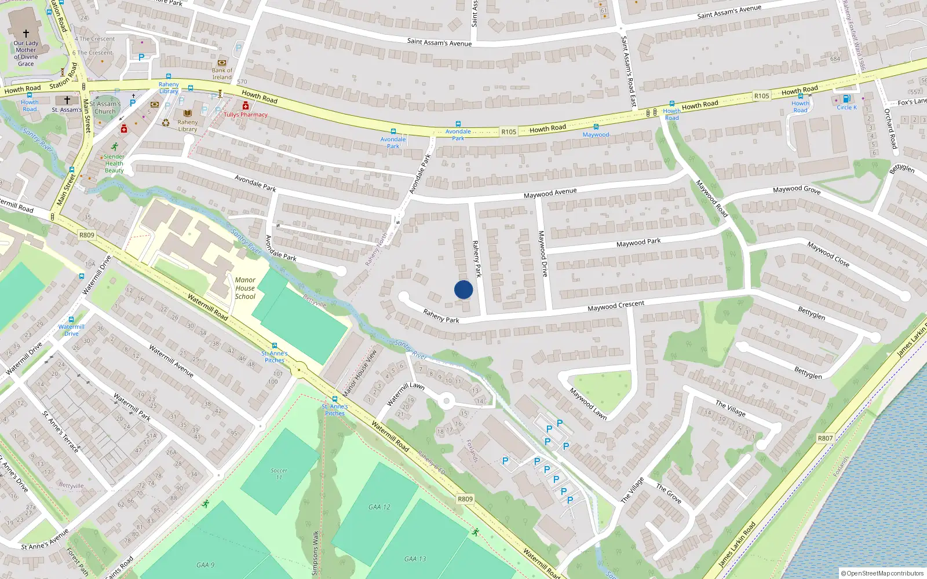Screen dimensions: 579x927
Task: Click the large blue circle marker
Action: point(463,289)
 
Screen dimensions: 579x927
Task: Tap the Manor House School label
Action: point(245,288)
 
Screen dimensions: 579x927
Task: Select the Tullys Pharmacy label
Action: point(246,115)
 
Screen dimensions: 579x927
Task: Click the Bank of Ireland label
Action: point(222,74)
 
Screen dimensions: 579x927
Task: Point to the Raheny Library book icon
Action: point(187,113)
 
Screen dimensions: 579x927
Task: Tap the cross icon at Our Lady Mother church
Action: point(25,34)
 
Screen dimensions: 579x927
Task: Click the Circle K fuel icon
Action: point(846,99)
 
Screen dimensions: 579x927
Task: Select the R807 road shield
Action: point(825,438)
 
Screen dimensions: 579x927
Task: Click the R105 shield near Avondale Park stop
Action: point(509,132)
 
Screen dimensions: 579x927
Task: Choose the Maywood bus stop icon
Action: point(596,127)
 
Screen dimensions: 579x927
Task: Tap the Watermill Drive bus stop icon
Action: point(71,319)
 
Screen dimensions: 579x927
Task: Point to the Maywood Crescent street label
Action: point(616,306)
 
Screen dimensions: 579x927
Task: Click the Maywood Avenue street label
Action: point(550,193)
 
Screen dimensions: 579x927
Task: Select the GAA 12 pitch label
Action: point(379,507)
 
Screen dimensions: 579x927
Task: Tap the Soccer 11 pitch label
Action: point(279,474)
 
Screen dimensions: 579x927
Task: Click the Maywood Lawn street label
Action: point(587,403)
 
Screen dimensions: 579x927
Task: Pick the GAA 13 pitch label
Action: point(414,559)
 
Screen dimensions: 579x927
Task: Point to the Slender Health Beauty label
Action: point(114,163)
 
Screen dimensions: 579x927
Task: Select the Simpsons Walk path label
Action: point(316,553)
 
